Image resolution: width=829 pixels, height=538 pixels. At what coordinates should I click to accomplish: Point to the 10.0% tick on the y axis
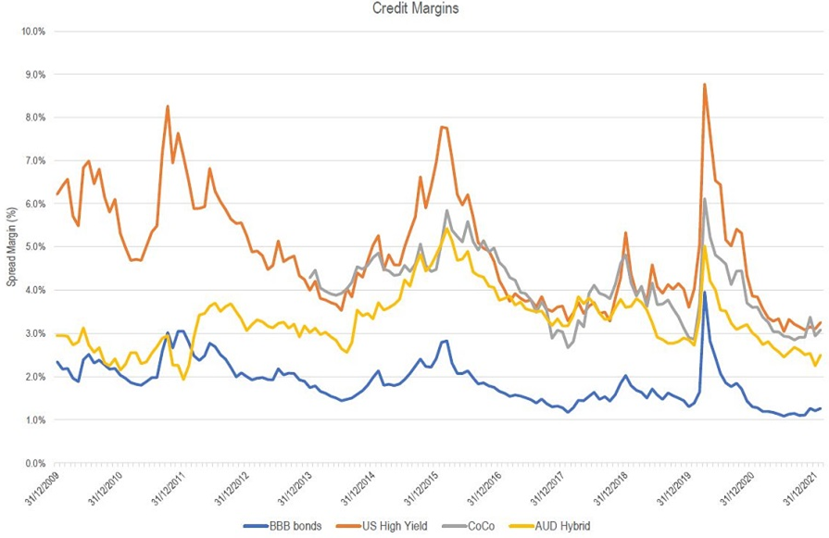click(x=31, y=31)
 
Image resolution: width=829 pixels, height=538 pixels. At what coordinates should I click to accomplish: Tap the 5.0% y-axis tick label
click(x=33, y=247)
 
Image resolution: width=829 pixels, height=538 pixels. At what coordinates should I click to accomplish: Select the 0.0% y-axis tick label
click(x=33, y=463)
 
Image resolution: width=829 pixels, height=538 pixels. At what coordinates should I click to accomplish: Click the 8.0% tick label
click(x=33, y=118)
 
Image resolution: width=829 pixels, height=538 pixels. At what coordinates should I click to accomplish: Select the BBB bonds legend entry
click(x=283, y=528)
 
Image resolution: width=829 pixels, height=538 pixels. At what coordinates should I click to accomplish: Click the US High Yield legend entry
click(x=385, y=528)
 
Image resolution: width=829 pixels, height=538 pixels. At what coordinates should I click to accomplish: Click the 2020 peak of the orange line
click(x=705, y=84)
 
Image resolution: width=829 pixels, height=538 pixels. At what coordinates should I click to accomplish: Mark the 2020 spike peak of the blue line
click(x=705, y=292)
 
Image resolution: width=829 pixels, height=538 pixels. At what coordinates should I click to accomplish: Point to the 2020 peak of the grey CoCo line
click(x=705, y=198)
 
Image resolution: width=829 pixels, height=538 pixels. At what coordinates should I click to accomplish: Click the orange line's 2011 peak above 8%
click(x=168, y=106)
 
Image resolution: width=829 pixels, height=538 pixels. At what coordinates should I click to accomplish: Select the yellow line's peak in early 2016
click(x=447, y=228)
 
